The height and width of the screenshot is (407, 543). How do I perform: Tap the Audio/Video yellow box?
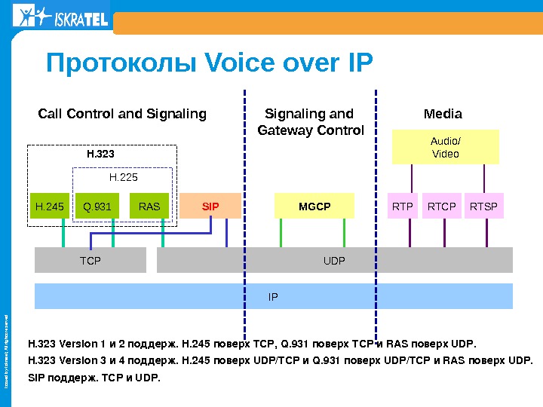(445, 147)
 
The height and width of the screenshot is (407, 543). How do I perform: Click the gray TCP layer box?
(90, 261)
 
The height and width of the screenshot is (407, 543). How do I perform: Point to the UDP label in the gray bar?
(333, 261)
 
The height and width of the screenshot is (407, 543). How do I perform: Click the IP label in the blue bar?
(273, 297)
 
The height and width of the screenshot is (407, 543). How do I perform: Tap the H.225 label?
(124, 178)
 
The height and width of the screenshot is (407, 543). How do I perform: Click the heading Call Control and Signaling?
(122, 115)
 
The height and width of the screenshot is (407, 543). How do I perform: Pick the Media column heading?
(443, 115)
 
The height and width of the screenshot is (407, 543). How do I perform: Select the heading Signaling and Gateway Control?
(310, 122)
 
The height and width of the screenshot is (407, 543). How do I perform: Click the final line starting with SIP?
(94, 376)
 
